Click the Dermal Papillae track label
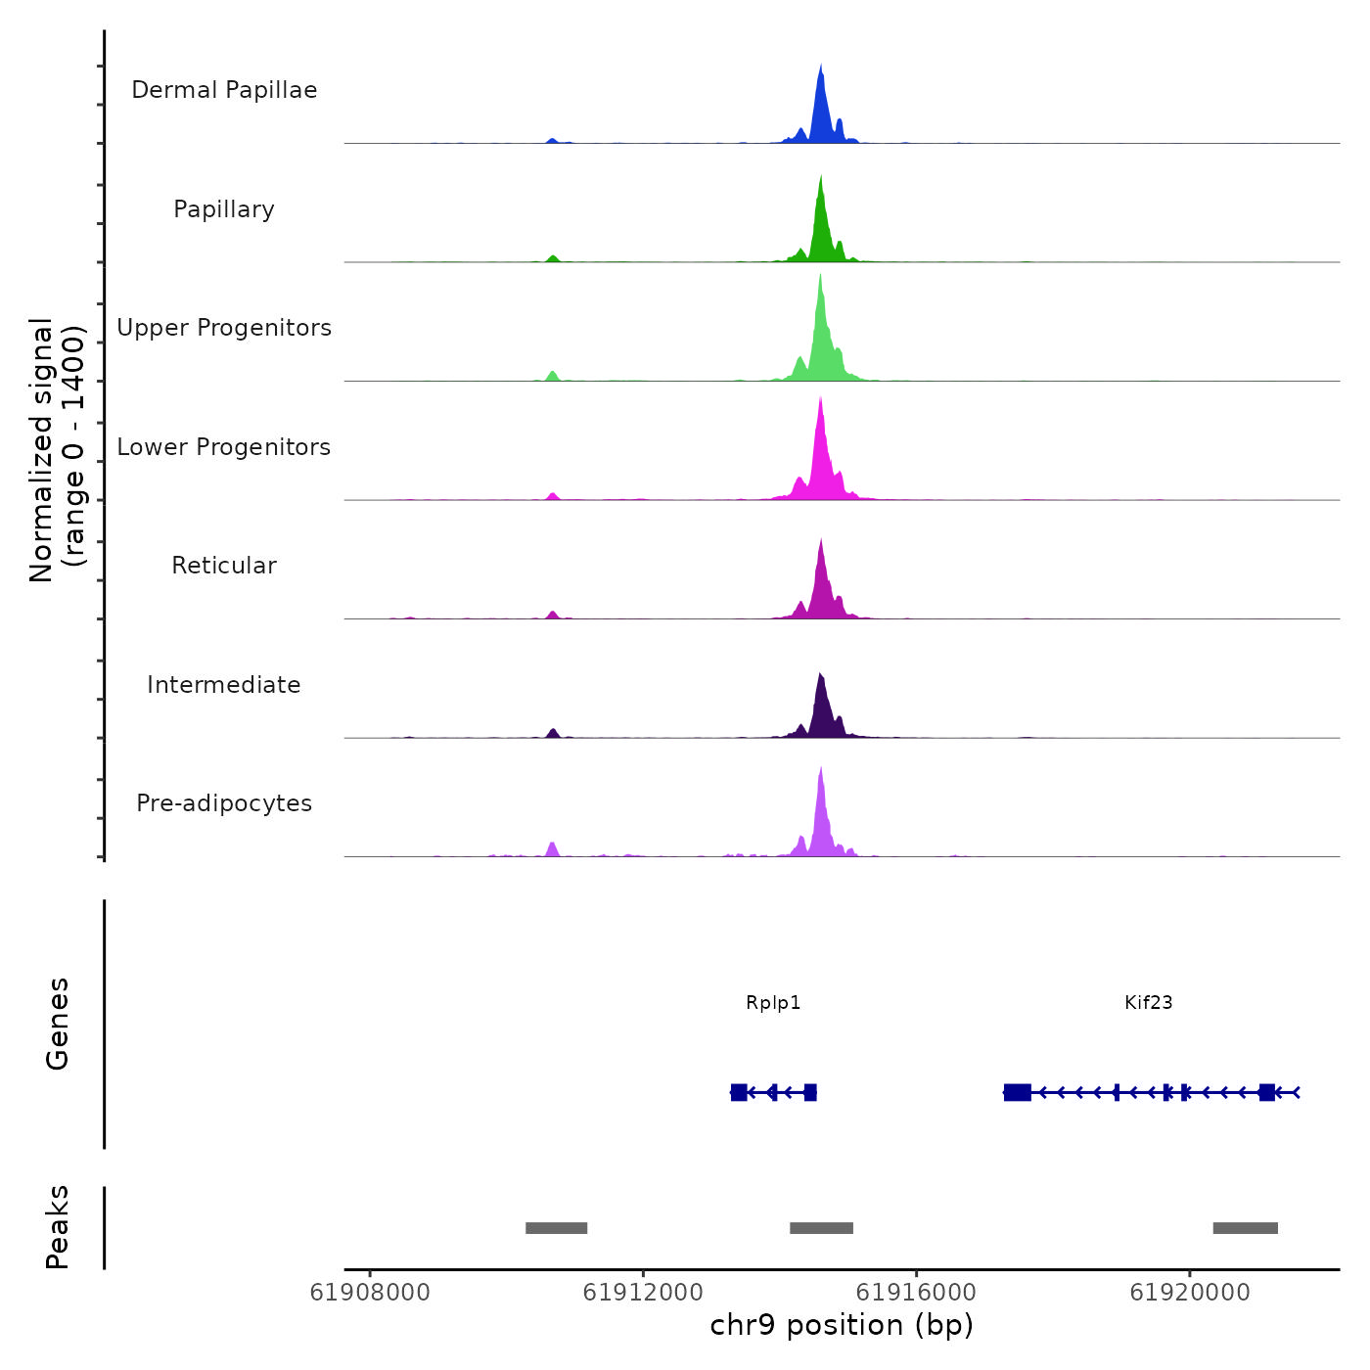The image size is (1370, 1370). coord(224,90)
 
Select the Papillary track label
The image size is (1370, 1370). coord(224,209)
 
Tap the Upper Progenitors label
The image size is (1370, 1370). coord(224,328)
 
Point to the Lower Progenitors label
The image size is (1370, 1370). coord(224,447)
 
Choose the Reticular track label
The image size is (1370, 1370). coord(224,566)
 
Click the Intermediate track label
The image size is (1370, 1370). coord(224,685)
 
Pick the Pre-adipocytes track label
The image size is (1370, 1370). coord(224,803)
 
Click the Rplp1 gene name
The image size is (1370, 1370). coord(773,1003)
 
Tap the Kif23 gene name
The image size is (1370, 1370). coord(1148,1003)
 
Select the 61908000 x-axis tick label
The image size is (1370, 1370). coord(370,1293)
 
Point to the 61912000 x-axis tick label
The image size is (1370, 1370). coord(643,1293)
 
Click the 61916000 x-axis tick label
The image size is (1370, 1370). coord(916,1293)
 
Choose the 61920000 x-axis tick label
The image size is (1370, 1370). coord(1189,1293)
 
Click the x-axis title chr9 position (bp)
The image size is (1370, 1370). coord(842,1325)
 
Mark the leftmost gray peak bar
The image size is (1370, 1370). coord(556,1228)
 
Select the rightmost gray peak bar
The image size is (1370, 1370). coord(1245,1228)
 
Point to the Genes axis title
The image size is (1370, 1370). coord(58,1024)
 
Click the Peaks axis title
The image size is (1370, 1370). coord(58,1227)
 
